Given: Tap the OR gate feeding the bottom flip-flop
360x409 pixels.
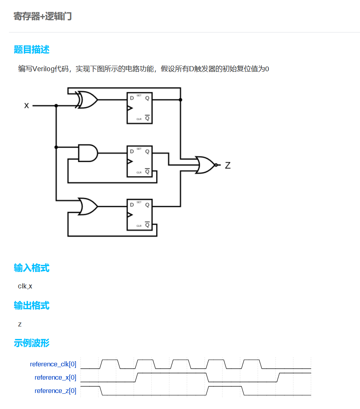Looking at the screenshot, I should pyautogui.click(x=88, y=206).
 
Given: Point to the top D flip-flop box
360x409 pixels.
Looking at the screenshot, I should pyautogui.click(x=139, y=108).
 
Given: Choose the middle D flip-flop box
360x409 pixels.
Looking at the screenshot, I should pyautogui.click(x=139, y=161).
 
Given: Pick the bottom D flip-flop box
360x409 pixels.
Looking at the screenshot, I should pyautogui.click(x=139, y=214).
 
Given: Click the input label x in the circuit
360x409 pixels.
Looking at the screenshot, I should pyautogui.click(x=27, y=105).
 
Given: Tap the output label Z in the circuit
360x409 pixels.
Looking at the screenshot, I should pyautogui.click(x=228, y=166).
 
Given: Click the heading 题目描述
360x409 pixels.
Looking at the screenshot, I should pyautogui.click(x=31, y=50).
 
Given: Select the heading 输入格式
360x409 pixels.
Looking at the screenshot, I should pyautogui.click(x=31, y=268).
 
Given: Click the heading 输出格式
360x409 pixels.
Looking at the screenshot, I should pyautogui.click(x=31, y=306).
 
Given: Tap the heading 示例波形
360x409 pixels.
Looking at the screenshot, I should pyautogui.click(x=31, y=343).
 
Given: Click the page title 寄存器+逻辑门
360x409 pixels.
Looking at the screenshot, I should pyautogui.click(x=43, y=16).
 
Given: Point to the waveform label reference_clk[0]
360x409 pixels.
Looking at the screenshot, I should pyautogui.click(x=53, y=364).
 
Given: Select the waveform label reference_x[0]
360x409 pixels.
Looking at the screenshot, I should pyautogui.click(x=56, y=378).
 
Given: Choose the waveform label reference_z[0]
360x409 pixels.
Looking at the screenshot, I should pyautogui.click(x=56, y=391).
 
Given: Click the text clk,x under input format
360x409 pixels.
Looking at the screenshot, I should pyautogui.click(x=25, y=286).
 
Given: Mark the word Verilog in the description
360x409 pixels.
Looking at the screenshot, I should pyautogui.click(x=44, y=69).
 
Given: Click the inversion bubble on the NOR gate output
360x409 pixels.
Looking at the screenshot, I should pyautogui.click(x=216, y=165).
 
